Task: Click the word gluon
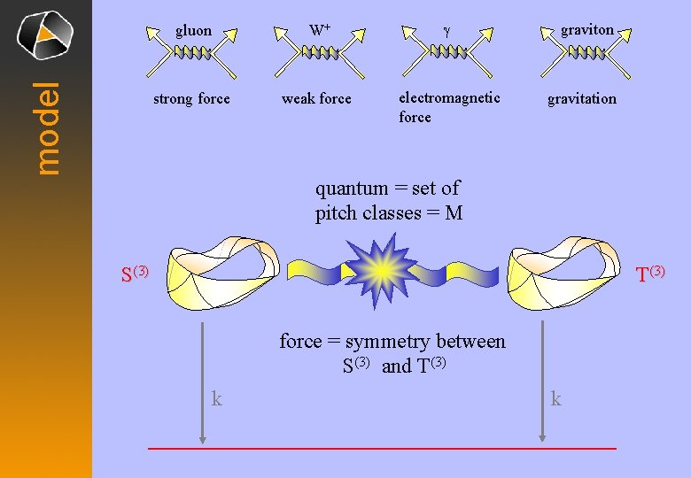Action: (193, 31)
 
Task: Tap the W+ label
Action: (320, 31)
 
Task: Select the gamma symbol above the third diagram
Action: (446, 31)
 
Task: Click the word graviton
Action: (586, 30)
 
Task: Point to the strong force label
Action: (191, 98)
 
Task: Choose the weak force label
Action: (316, 98)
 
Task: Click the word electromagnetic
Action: (449, 97)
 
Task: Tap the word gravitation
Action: (581, 98)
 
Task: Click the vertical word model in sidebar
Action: (48, 127)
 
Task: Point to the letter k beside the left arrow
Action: (216, 399)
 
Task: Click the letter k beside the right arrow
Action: (555, 399)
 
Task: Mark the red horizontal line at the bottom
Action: (381, 449)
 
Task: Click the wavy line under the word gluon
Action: (192, 53)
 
